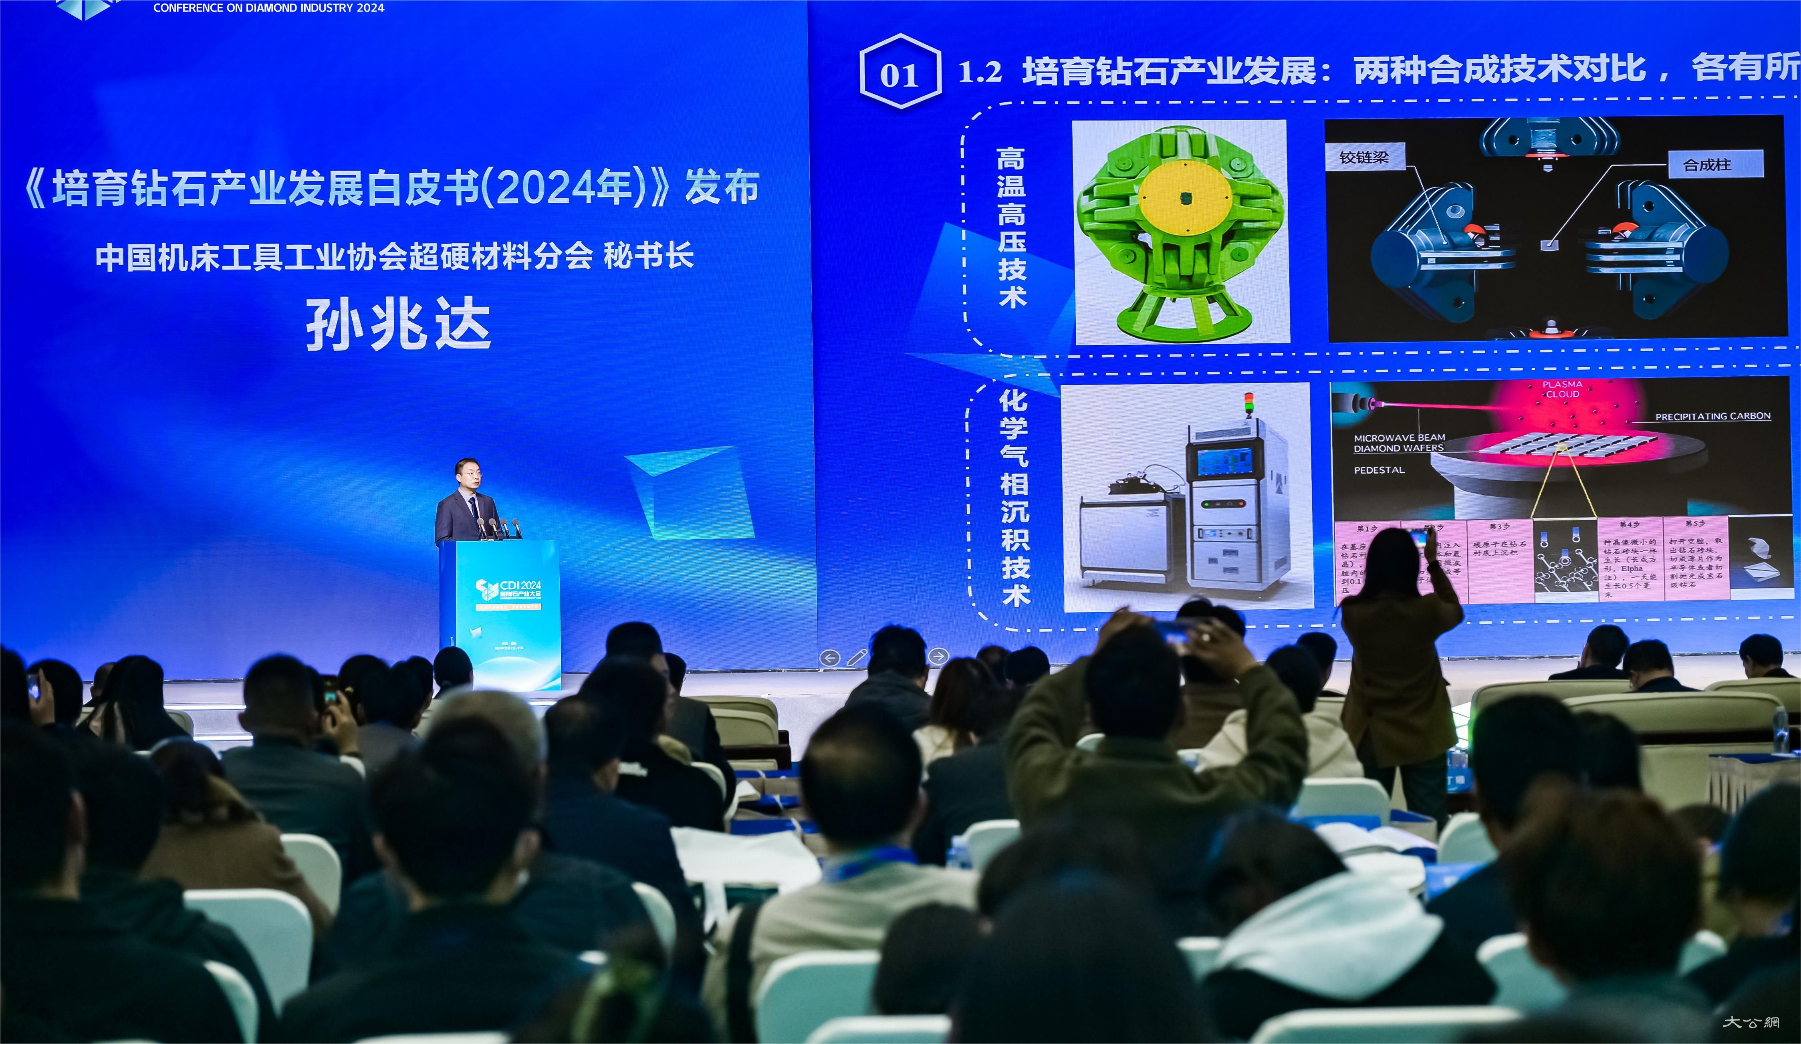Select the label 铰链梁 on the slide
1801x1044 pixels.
point(1363,157)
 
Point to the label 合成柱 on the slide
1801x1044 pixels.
point(1707,165)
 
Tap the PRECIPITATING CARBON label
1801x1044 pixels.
point(1712,416)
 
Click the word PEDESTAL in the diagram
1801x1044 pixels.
point(1379,470)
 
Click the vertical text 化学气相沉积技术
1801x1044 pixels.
point(1014,498)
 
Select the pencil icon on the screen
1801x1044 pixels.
point(856,657)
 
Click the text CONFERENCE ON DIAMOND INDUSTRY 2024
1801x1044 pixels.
point(269,8)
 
